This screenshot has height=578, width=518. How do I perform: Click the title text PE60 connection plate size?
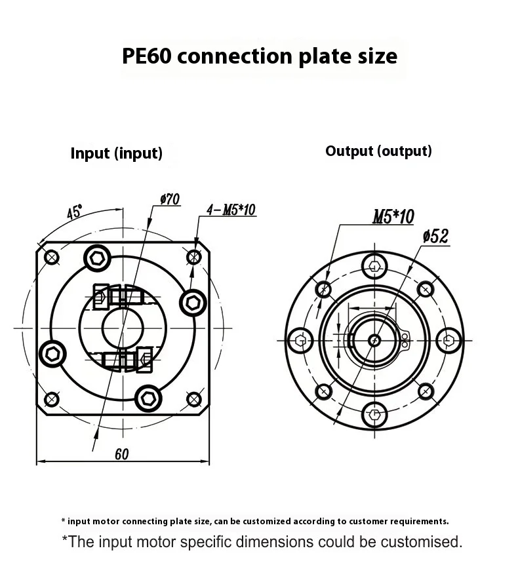point(259,56)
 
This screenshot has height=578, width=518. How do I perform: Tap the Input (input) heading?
point(116,153)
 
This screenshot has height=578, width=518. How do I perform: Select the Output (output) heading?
point(378,151)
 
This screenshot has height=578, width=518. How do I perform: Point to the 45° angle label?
point(74,212)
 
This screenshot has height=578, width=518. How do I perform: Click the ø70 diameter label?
point(169,200)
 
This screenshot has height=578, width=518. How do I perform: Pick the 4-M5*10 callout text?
point(231,210)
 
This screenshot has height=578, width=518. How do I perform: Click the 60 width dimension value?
point(121,454)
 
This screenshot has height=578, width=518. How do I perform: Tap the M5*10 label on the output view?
point(393,217)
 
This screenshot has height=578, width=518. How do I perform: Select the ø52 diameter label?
point(436,236)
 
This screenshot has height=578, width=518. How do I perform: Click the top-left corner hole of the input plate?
point(51,257)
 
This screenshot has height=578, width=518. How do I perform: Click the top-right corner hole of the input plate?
point(194,257)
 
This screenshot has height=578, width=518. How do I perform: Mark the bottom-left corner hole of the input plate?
point(51,398)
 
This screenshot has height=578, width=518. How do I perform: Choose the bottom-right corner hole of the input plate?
point(194,398)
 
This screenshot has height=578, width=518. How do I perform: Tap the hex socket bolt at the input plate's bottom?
point(148,397)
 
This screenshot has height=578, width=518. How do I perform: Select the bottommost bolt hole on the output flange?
point(374,414)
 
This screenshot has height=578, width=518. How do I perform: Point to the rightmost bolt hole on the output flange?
point(448,339)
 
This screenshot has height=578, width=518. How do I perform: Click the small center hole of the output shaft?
point(374,339)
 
